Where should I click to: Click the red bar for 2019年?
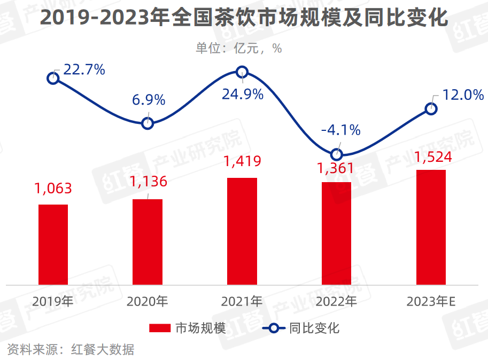[x=53, y=244]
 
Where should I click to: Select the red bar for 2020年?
[x=148, y=241]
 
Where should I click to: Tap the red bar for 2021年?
[x=242, y=231]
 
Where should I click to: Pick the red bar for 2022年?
[x=336, y=233]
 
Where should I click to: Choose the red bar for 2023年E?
[x=431, y=227]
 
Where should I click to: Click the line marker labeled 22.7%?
[x=53, y=79]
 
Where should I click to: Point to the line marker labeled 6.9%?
[x=148, y=123]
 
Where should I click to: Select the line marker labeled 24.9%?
[x=242, y=72]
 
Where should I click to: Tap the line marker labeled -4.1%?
[x=336, y=154]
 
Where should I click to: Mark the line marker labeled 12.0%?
[x=431, y=109]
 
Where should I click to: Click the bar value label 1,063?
[x=53, y=188]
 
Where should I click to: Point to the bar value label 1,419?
[x=242, y=161]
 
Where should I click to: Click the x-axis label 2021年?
[x=242, y=302]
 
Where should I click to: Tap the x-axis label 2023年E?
[x=431, y=302]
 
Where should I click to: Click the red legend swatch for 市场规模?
[x=159, y=328]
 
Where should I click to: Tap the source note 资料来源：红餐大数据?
[x=70, y=350]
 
